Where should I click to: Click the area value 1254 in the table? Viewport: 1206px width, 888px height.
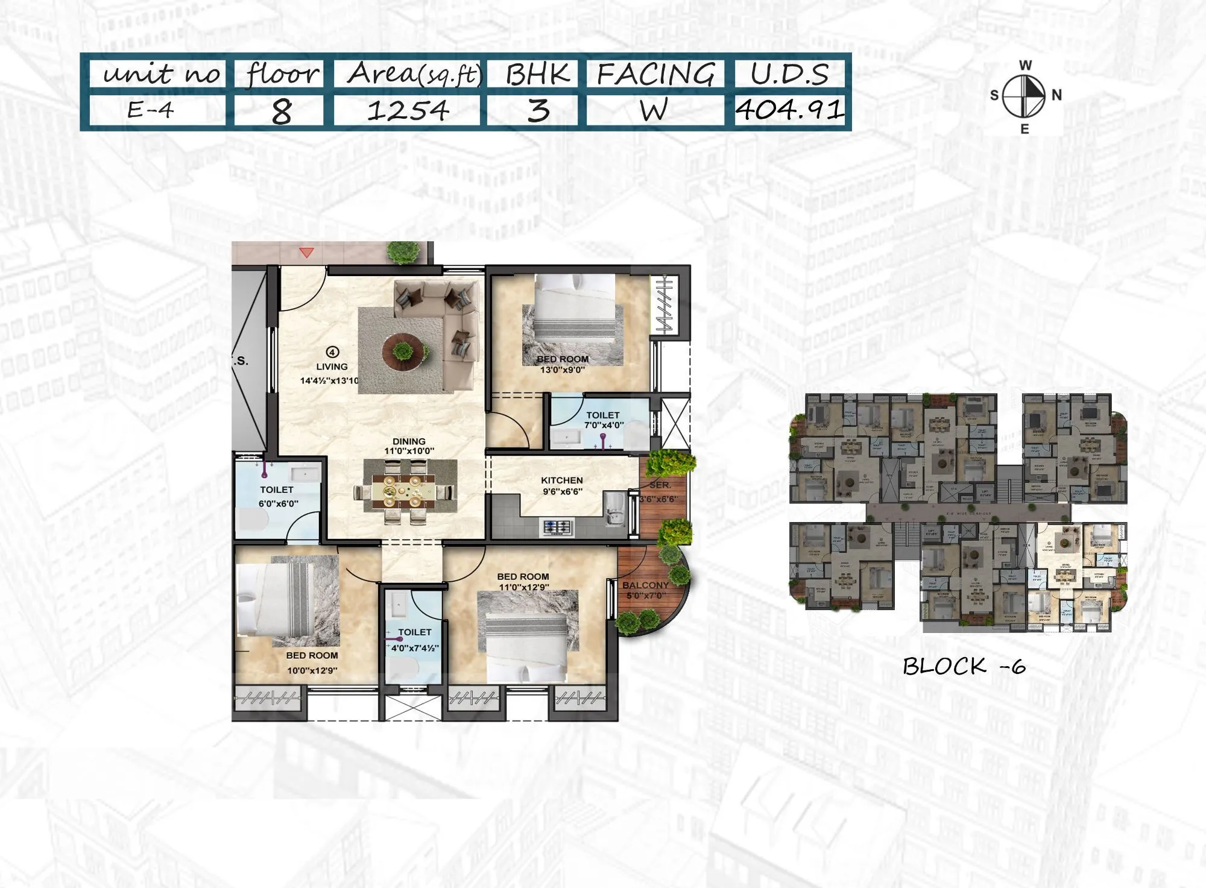click(x=408, y=111)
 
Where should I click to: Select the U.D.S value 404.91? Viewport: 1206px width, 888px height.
click(x=789, y=110)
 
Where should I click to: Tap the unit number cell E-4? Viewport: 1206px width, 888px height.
click(x=150, y=110)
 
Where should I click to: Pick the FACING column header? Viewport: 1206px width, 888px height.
click(x=655, y=74)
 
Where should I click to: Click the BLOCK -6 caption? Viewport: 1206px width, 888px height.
click(x=964, y=666)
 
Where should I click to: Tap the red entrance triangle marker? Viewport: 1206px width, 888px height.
click(x=306, y=253)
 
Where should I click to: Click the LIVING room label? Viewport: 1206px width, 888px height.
click(x=332, y=367)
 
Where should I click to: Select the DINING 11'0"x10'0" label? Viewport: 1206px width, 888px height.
click(x=409, y=446)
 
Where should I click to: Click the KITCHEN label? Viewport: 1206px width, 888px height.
click(x=561, y=485)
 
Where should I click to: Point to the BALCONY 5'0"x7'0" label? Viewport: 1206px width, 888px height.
click(x=645, y=590)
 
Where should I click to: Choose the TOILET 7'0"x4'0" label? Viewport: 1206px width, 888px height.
click(x=603, y=420)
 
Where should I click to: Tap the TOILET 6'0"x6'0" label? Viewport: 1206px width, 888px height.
click(x=277, y=496)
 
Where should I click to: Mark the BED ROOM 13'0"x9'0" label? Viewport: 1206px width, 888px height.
click(x=562, y=364)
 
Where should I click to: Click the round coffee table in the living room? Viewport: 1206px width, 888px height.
click(x=402, y=351)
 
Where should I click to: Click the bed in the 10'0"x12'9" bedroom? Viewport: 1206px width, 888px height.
click(x=277, y=600)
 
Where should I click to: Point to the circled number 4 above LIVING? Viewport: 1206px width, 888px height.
click(x=332, y=352)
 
